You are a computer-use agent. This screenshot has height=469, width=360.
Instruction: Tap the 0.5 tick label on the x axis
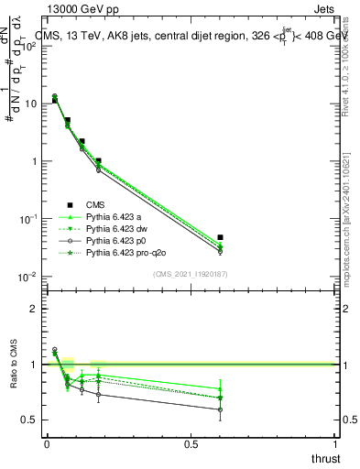pos(191,444)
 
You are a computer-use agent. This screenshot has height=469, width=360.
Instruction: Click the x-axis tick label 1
pos(335,444)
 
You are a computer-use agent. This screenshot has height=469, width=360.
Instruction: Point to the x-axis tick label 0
pos(47,444)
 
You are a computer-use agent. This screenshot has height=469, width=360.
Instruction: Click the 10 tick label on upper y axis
pos(30,104)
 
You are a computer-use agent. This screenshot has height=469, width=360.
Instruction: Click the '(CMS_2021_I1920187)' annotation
pos(191,274)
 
